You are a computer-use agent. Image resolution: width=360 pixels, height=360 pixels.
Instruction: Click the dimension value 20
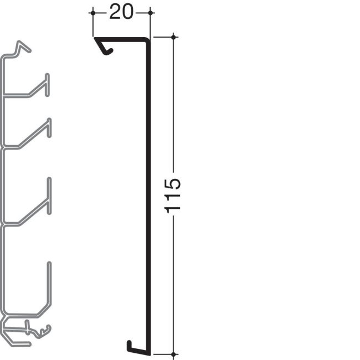(x=121, y=12)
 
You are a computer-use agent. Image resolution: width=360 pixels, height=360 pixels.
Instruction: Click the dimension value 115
(x=173, y=195)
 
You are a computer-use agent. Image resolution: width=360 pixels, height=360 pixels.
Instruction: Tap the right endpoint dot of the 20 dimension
(x=151, y=12)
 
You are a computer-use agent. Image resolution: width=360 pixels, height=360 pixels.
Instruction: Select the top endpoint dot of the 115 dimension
(x=174, y=37)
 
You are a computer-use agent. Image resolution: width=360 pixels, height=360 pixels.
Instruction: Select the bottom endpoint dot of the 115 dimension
(x=174, y=353)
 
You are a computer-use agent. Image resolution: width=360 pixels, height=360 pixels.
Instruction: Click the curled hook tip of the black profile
(x=109, y=53)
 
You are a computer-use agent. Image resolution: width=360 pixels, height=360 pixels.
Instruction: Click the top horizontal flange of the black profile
(x=122, y=39)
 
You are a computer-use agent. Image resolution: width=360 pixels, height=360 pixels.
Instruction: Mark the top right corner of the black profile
(x=149, y=39)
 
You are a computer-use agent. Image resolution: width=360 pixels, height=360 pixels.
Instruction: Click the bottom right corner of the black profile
(x=149, y=352)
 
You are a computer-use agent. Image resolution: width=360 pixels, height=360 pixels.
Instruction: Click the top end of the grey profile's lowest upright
(x=49, y=264)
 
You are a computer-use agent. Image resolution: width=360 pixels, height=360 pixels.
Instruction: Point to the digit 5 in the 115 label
(x=173, y=183)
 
